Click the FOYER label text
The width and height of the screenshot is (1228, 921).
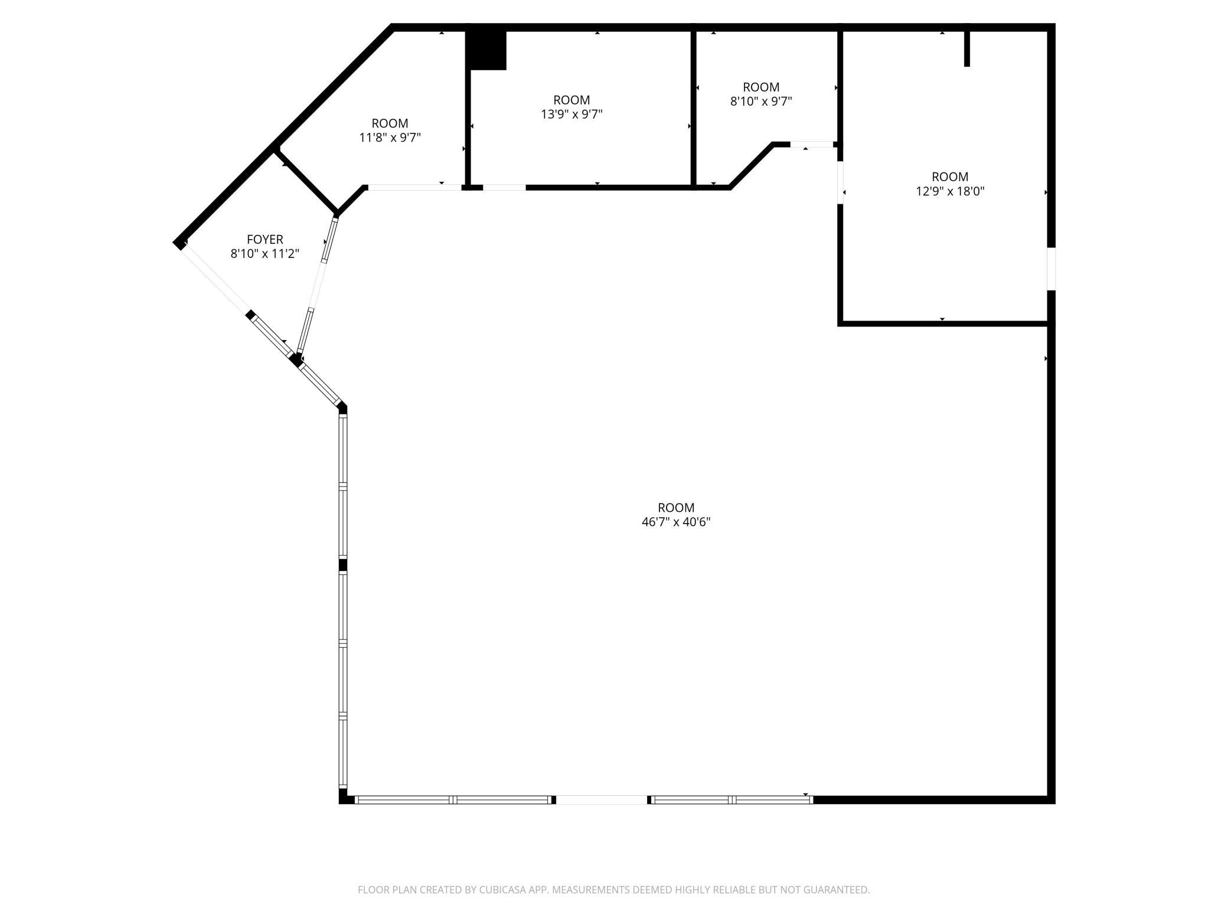[x=265, y=239]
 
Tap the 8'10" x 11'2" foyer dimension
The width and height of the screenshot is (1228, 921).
[x=265, y=254]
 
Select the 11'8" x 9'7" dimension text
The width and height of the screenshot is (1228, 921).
[x=390, y=138]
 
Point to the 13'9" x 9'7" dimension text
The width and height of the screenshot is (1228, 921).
[x=571, y=114]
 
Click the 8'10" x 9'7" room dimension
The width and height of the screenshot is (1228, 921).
[x=761, y=101]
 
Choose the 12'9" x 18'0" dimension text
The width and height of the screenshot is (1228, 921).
[x=950, y=191]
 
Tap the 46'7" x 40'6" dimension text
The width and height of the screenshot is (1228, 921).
[x=676, y=522]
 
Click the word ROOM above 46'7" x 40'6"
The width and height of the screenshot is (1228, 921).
[x=676, y=507]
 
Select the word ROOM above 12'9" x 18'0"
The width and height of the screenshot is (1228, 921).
[x=950, y=177]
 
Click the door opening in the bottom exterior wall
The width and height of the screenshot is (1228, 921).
[x=602, y=800]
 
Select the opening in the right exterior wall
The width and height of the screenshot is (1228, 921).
[x=1051, y=269]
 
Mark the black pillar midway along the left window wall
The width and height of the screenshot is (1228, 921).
[x=342, y=565]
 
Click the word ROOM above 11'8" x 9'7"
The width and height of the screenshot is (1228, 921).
[x=390, y=123]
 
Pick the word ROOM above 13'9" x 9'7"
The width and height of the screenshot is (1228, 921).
[x=571, y=100]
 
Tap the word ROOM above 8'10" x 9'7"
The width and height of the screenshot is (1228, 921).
[x=761, y=87]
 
